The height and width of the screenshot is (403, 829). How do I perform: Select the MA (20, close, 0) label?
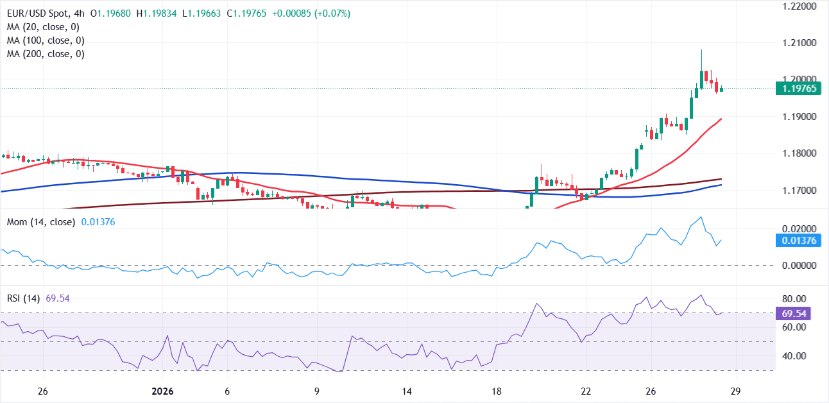point(44,28)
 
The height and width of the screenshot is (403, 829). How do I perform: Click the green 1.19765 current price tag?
point(799,89)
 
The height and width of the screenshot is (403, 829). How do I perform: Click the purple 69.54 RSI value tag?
point(796,314)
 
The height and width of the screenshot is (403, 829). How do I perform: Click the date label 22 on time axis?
point(585,391)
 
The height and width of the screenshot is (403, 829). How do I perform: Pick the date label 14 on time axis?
point(406,391)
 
